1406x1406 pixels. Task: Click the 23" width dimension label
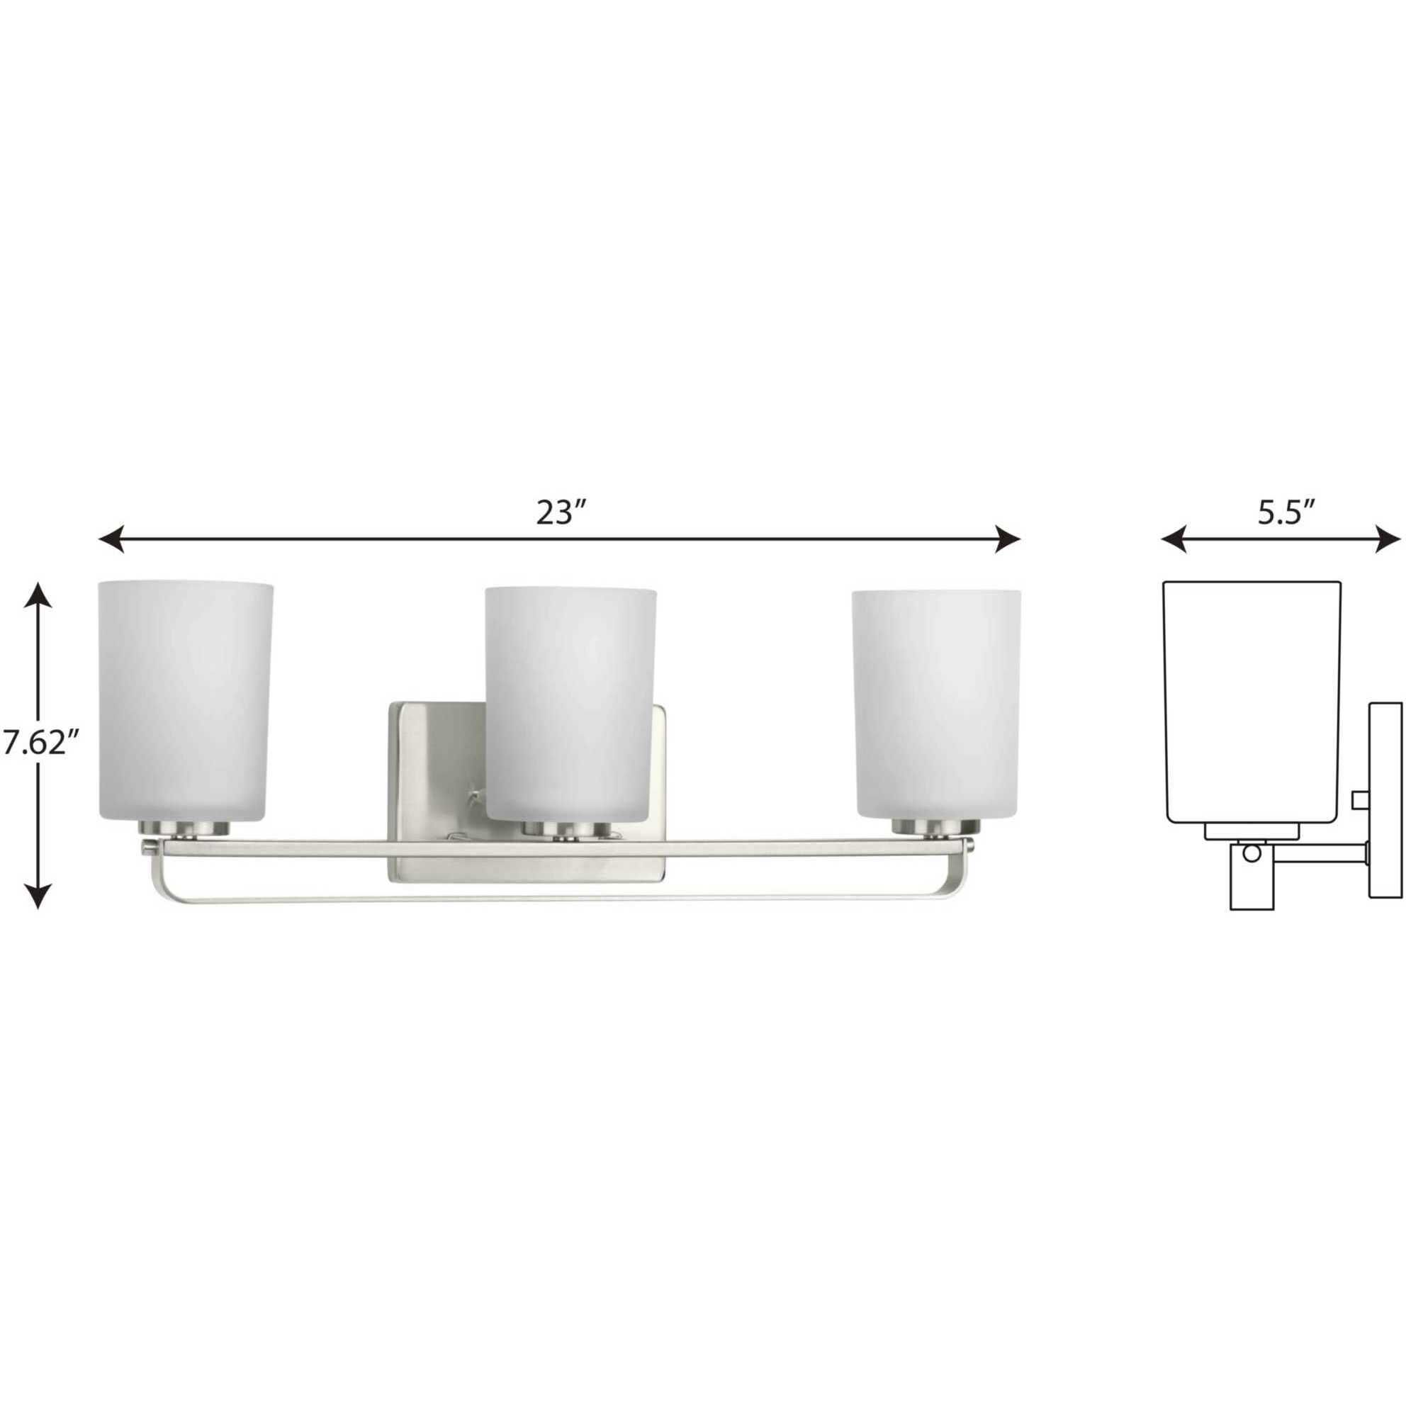pos(561,514)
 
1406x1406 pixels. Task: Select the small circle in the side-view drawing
pos(1250,854)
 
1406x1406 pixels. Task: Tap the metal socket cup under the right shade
pos(936,828)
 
